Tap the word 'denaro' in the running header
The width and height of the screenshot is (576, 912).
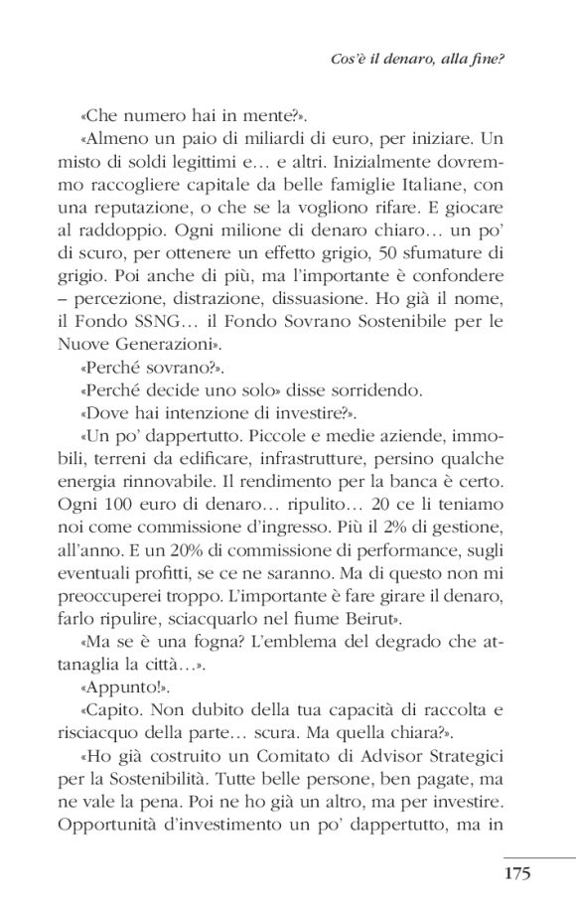click(424, 59)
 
